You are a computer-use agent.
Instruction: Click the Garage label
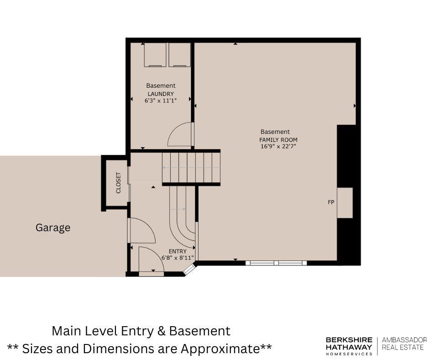[x=53, y=228]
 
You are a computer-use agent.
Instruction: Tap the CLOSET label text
[x=119, y=183]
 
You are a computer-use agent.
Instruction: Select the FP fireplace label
[x=331, y=202]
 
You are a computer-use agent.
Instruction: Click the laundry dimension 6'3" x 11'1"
[x=161, y=101]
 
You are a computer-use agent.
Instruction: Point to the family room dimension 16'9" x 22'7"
[x=278, y=146]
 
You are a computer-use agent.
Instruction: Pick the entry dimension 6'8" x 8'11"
[x=178, y=258]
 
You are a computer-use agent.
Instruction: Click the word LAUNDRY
[x=161, y=94]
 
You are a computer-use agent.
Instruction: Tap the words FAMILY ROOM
[x=278, y=140]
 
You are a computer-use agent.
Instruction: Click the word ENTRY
[x=178, y=251]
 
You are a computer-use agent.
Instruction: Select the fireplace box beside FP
[x=345, y=203]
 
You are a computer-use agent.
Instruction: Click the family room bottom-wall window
[x=276, y=263]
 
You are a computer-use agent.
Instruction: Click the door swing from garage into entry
[x=141, y=231]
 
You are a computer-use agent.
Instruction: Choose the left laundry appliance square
[x=155, y=55]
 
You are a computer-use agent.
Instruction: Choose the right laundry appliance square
[x=179, y=55]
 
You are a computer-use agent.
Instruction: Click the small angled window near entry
[x=189, y=270]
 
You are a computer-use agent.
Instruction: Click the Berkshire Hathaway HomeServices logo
[x=349, y=346]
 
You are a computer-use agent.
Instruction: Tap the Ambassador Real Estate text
[x=404, y=344]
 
